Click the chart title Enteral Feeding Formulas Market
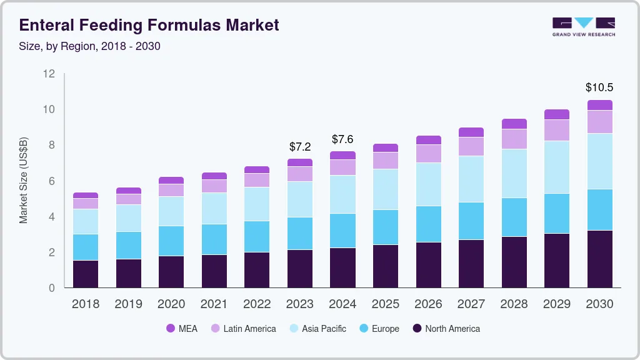tap(149, 25)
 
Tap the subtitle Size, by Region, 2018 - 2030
tap(90, 46)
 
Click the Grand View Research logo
tap(583, 26)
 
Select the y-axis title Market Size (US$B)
tap(24, 180)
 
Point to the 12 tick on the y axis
tap(49, 74)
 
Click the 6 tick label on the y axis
tap(52, 181)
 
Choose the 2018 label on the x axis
tap(85, 304)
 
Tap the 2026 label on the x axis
tap(428, 304)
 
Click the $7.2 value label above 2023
tap(300, 147)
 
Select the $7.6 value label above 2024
tap(343, 139)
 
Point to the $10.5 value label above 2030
tap(599, 87)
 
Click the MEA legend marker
tap(171, 329)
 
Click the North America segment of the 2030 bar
tap(599, 259)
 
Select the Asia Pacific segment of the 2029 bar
tap(556, 167)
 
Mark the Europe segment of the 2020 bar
tap(171, 241)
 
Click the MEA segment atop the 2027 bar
tap(471, 132)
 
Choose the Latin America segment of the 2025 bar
tap(385, 161)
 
